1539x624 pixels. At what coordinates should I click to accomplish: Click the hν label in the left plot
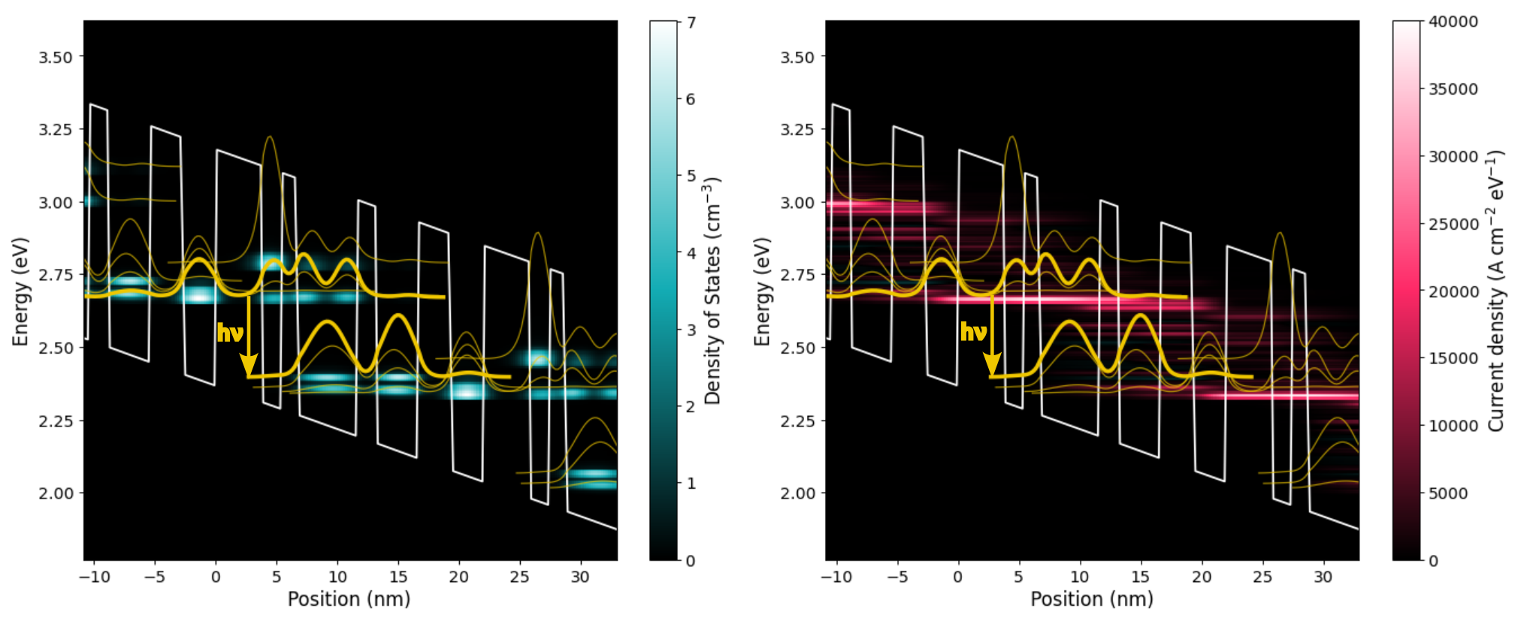click(229, 333)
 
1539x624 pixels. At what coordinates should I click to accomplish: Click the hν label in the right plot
click(972, 332)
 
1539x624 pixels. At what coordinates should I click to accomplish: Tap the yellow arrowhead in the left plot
click(249, 366)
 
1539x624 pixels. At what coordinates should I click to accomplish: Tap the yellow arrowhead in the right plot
click(992, 366)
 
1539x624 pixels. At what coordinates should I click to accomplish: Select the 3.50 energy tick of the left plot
click(56, 58)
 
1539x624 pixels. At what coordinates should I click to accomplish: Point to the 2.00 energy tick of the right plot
click(798, 493)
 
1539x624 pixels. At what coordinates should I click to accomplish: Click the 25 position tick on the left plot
click(519, 577)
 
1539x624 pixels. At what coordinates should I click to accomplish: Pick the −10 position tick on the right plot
click(836, 577)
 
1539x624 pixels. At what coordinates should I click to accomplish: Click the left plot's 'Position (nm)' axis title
click(349, 599)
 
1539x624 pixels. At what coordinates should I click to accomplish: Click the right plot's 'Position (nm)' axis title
click(1091, 599)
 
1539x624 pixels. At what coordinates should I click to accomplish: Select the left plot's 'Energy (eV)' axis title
click(20, 291)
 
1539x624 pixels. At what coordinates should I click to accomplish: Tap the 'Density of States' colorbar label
click(712, 291)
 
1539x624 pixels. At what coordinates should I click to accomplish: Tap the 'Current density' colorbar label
click(1495, 291)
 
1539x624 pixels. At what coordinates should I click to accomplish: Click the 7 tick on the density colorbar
click(691, 23)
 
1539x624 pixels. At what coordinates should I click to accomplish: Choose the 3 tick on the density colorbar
click(691, 330)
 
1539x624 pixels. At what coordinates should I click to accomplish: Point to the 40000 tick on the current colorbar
click(1453, 22)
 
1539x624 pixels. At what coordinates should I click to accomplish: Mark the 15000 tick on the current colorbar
click(1453, 358)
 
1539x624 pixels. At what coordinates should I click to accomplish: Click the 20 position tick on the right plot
click(1202, 577)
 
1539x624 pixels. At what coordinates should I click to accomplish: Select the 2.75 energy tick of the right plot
click(798, 275)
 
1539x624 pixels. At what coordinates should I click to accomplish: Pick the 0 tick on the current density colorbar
click(1433, 561)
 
